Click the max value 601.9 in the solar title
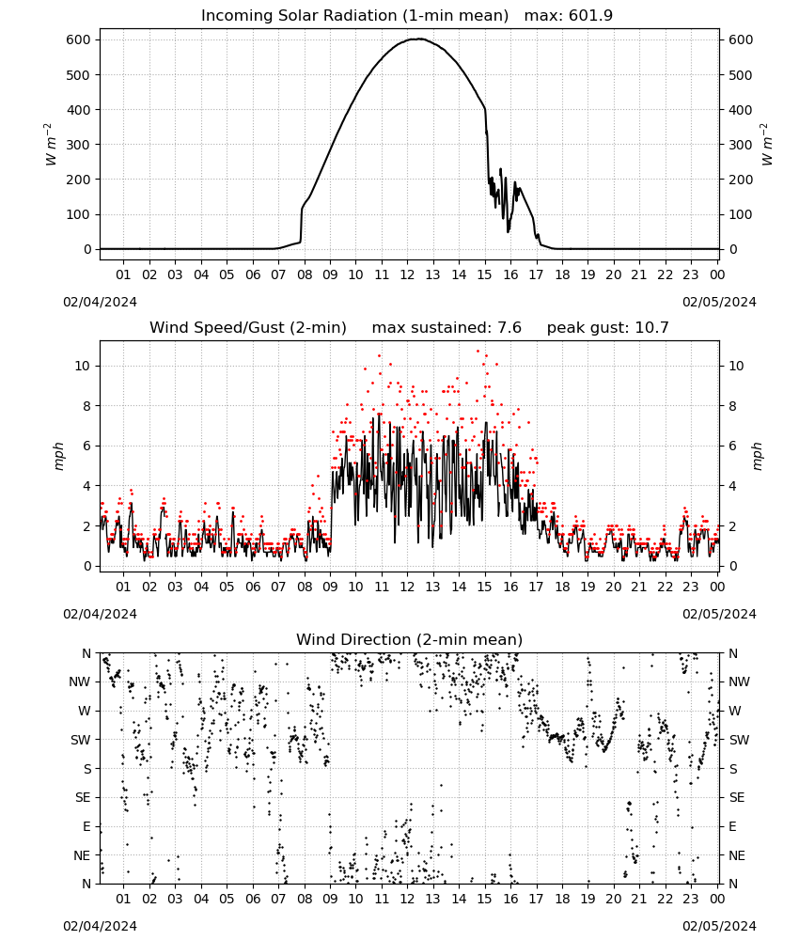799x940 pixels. point(590,15)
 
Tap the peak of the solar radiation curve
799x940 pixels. point(417,39)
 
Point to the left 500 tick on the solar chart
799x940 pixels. point(79,75)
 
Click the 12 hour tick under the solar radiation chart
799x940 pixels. point(407,274)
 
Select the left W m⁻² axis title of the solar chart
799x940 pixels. point(51,145)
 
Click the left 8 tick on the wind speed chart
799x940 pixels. point(87,406)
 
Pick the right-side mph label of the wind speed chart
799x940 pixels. point(757,456)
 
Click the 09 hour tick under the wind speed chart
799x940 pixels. point(330,587)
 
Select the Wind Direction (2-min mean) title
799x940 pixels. point(410,639)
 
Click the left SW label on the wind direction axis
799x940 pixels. point(80,740)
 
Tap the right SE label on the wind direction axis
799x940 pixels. point(737,797)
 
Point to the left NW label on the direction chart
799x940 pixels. point(80,681)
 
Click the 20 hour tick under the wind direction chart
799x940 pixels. point(613,899)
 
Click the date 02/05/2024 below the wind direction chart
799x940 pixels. point(719,926)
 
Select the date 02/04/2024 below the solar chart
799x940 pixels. point(100,302)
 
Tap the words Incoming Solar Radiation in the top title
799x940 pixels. point(299,15)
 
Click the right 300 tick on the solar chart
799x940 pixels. point(741,145)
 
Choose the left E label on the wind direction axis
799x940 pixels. point(86,826)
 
